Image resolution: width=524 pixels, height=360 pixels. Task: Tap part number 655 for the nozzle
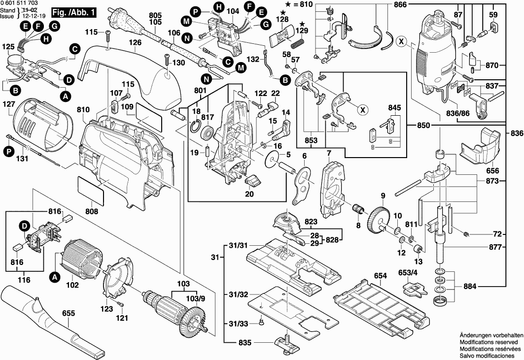coord(69,313)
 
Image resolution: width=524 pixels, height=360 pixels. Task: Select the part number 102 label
coord(72,284)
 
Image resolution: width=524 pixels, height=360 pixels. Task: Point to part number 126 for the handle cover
coord(135,42)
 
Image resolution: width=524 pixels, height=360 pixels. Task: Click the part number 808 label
coord(91,212)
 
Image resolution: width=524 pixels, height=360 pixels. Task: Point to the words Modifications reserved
coord(489,342)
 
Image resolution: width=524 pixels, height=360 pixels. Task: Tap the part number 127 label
coord(9,104)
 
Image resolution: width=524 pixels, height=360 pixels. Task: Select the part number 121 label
coord(122,318)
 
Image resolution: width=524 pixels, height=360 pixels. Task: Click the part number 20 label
coord(249,194)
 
